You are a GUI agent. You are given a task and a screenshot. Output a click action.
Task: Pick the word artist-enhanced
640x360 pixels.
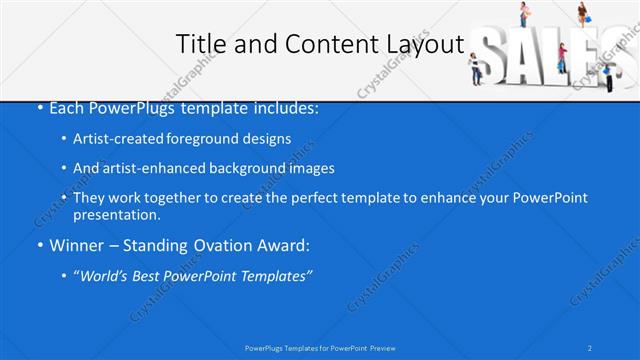coord(145,168)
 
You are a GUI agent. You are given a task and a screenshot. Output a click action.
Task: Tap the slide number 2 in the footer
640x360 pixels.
coord(591,347)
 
